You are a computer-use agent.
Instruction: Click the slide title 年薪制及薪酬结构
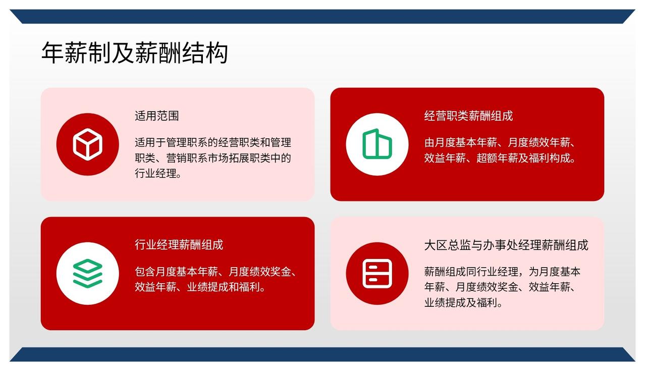click(x=135, y=52)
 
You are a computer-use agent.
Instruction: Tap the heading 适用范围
click(x=157, y=116)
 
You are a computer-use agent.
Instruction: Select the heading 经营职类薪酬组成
click(x=468, y=116)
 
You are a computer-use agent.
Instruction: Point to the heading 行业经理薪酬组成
click(x=179, y=245)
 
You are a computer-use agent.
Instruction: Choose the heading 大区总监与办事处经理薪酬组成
click(x=506, y=245)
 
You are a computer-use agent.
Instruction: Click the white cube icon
click(x=87, y=144)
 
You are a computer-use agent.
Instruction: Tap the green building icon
click(x=377, y=144)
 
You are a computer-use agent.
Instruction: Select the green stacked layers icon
click(x=87, y=274)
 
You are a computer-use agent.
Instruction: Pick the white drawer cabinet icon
click(x=377, y=274)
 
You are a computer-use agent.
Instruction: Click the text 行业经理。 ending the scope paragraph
click(x=158, y=174)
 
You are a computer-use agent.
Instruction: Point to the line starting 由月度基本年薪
click(x=500, y=142)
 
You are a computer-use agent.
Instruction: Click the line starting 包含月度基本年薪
click(x=216, y=272)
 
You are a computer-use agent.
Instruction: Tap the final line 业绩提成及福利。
click(x=463, y=303)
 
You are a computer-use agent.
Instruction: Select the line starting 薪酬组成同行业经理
click(x=502, y=272)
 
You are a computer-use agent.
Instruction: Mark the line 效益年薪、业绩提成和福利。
click(x=200, y=287)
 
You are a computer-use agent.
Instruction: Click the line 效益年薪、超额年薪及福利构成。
click(x=500, y=158)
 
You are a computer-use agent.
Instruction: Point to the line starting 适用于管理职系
click(x=213, y=142)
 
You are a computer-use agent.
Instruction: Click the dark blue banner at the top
click(x=322, y=17)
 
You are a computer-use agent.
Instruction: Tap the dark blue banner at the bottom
click(x=322, y=354)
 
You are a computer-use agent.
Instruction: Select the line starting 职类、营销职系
click(x=213, y=158)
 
